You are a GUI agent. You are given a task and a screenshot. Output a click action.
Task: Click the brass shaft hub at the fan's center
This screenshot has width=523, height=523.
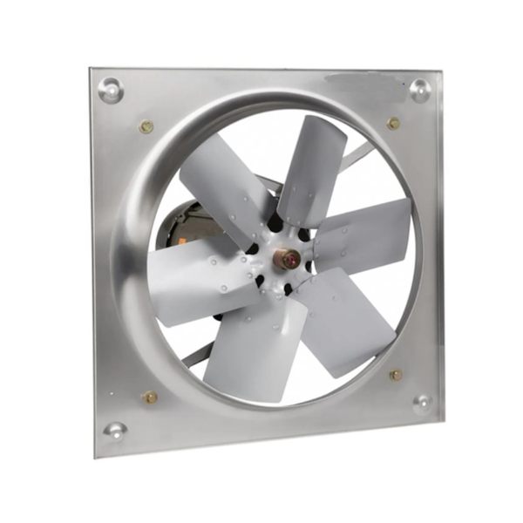tap(287, 259)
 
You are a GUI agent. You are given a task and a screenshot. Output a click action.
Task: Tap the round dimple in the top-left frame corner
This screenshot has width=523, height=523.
tap(111, 89)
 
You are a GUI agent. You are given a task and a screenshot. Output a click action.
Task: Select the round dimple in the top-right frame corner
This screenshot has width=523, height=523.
tap(419, 89)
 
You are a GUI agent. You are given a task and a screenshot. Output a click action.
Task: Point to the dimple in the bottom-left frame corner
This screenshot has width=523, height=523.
tap(115, 430)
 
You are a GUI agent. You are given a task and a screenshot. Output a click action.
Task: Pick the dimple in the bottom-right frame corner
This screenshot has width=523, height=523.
tap(422, 403)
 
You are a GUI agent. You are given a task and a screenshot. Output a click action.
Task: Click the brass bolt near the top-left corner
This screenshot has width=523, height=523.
tap(146, 126)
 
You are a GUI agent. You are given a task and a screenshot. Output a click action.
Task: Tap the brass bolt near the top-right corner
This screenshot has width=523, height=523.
tap(393, 123)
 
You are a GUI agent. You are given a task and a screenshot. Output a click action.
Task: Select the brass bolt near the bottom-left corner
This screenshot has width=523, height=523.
tap(150, 397)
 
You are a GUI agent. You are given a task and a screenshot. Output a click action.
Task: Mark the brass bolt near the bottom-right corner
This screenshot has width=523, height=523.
tap(396, 375)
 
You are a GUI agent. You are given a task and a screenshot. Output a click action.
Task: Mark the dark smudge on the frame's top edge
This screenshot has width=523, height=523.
tap(349, 83)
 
